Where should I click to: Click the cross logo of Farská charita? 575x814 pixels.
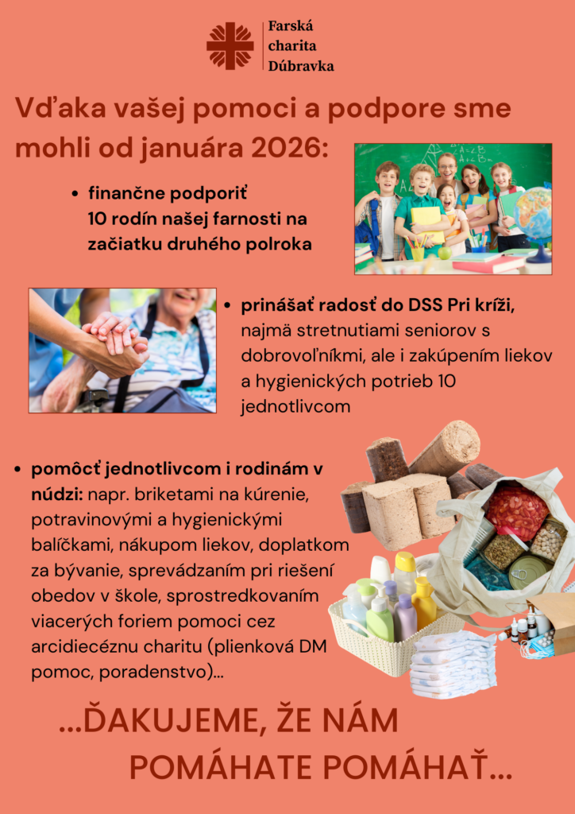(x=230, y=45)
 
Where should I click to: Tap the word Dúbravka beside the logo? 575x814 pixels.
(x=301, y=66)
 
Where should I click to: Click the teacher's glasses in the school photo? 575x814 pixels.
(x=446, y=168)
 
